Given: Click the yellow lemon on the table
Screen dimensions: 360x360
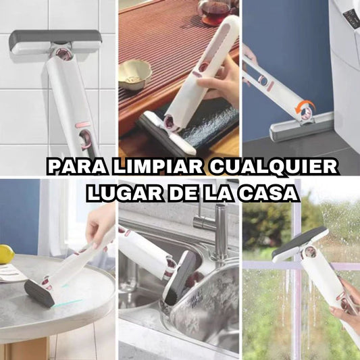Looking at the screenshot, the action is click(7, 254).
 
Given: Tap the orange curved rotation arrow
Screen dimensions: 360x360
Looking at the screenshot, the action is click(305, 106).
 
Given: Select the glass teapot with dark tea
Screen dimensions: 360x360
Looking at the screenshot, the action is click(216, 11).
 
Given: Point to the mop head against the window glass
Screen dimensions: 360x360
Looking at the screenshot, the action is click(299, 245).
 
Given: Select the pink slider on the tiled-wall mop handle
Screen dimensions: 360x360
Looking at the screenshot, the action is click(82, 125).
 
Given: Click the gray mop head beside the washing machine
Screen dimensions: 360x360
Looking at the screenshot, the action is click(301, 127).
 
